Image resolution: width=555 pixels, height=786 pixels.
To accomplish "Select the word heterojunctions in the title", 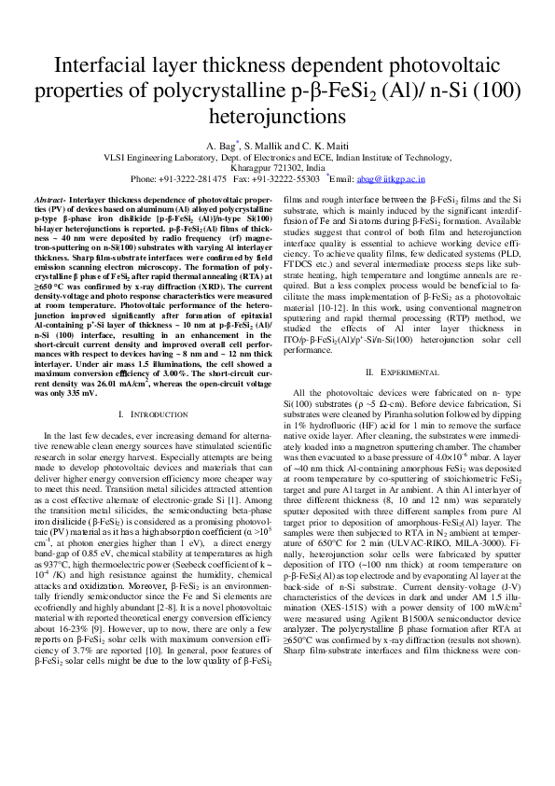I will [277, 117].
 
